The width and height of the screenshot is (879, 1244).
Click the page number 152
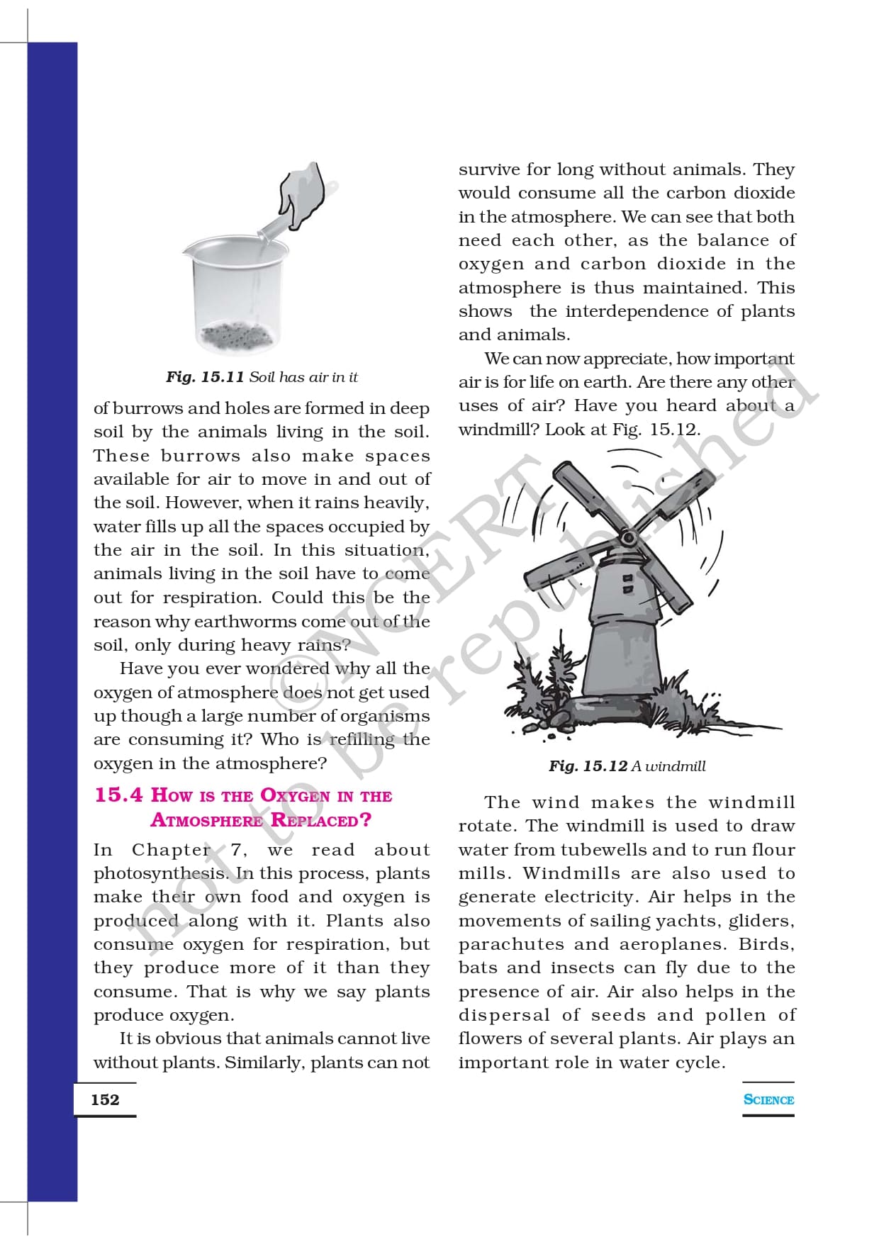[x=105, y=1099]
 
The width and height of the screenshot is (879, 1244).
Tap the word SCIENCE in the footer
[x=768, y=1099]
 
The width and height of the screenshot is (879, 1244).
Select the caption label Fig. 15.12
[x=588, y=766]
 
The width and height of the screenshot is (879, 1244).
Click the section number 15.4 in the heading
[x=118, y=795]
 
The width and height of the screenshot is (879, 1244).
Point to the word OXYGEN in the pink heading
[x=295, y=795]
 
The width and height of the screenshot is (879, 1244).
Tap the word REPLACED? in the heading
[x=321, y=820]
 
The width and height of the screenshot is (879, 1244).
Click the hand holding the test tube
[x=302, y=192]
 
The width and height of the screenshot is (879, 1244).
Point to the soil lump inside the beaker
[x=235, y=335]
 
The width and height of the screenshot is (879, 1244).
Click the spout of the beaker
[x=186, y=250]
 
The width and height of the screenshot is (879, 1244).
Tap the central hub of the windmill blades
[x=628, y=538]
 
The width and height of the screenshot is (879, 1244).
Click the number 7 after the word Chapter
[x=236, y=850]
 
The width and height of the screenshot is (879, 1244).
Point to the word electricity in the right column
[x=593, y=897]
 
